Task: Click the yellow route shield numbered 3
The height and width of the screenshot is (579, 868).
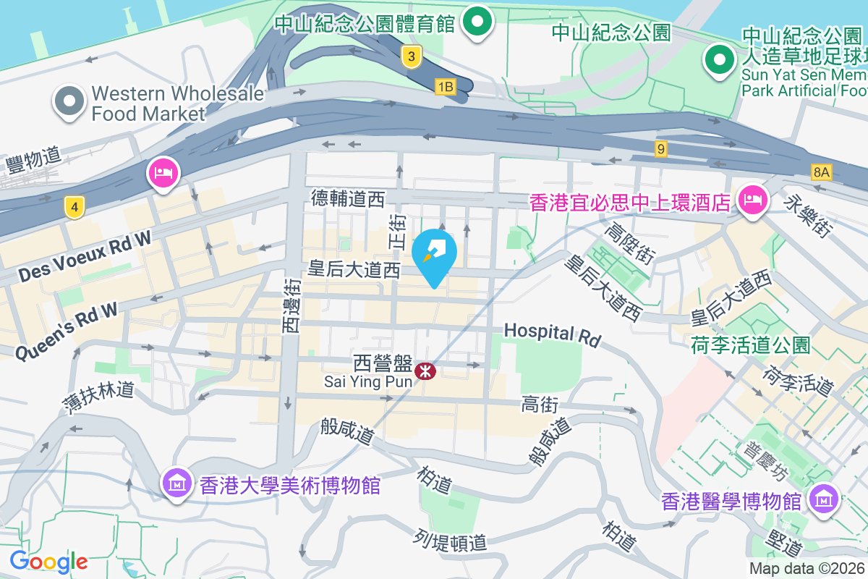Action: point(412,56)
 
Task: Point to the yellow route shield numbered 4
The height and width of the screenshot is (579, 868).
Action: point(73,207)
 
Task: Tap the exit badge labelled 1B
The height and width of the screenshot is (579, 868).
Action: point(445,87)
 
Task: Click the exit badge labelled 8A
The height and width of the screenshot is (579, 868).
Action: point(822,172)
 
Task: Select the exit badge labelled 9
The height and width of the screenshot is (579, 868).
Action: point(660,148)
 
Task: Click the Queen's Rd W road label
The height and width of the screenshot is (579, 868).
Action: point(66,332)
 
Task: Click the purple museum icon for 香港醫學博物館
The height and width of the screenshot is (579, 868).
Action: point(824,499)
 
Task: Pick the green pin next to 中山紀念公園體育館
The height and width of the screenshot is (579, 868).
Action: point(477,21)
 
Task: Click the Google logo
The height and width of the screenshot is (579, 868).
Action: point(48,562)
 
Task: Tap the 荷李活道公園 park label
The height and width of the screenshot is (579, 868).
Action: point(751,345)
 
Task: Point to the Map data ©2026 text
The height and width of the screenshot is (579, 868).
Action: point(807,569)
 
